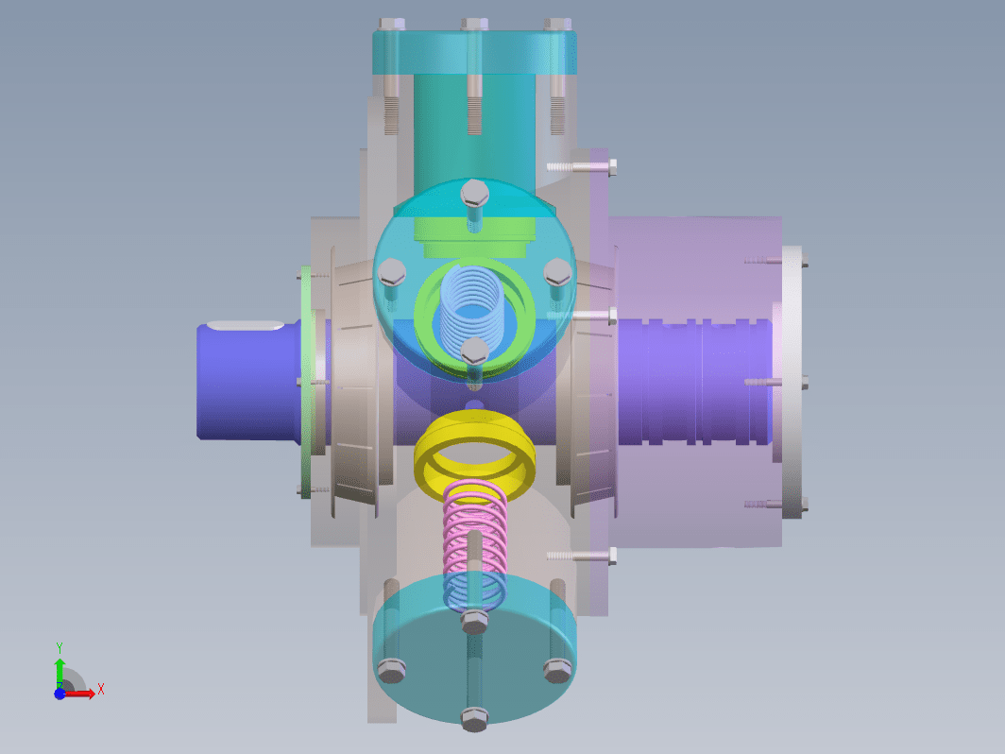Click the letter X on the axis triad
[x=101, y=690]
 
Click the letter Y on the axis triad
[x=59, y=647]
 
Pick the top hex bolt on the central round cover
[x=474, y=193]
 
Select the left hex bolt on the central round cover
[x=392, y=272]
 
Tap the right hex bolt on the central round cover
[x=557, y=272]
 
